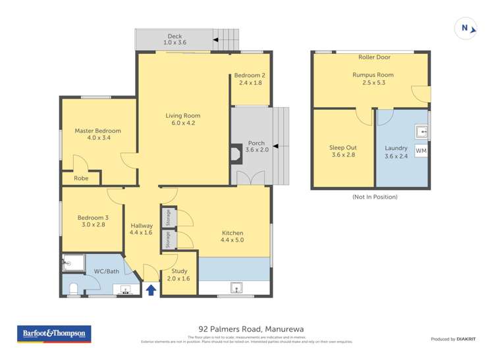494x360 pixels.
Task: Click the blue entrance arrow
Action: coord(151,289)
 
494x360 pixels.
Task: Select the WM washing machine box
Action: coord(421,151)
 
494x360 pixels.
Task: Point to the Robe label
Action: coord(81,178)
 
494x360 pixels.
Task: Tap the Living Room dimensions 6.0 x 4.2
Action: coord(180,123)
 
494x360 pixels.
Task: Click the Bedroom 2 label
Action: coord(249,76)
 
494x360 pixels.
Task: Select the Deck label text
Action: coord(175,36)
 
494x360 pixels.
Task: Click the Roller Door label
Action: coord(371,58)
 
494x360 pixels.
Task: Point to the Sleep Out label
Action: coord(342,148)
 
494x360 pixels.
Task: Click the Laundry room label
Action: coord(396,148)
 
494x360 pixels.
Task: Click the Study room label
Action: coord(179,270)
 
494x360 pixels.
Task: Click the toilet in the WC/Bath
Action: coord(74,288)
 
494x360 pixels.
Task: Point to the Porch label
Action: coord(256,143)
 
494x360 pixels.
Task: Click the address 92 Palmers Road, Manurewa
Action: coord(251,328)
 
